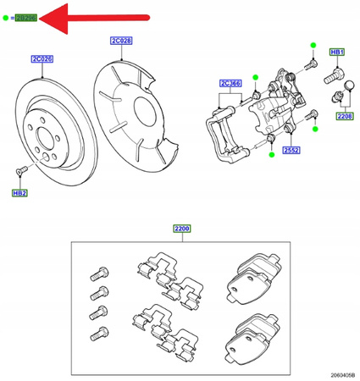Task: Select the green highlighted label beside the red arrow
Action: (26, 18)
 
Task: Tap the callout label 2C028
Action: (122, 41)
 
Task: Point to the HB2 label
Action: (19, 193)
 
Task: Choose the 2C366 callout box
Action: (230, 83)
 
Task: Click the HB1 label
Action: (336, 52)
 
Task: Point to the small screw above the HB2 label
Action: (22, 172)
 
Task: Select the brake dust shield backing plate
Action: (136, 106)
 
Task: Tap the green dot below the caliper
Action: (270, 155)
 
